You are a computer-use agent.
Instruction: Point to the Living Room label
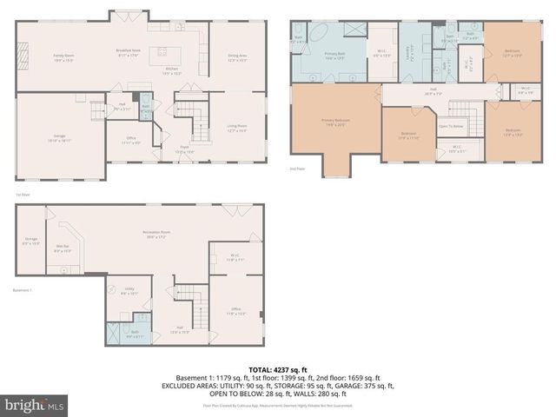coord(236,129)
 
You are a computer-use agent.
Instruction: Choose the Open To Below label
coord(451,126)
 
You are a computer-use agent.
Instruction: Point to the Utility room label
coord(129,292)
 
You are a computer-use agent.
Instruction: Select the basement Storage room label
coord(31,240)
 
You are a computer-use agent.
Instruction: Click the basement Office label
coord(235,311)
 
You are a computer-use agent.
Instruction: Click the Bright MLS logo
coord(34,404)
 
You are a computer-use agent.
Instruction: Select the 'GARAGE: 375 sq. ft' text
coord(365,386)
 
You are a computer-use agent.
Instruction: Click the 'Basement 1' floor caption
coord(23,290)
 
